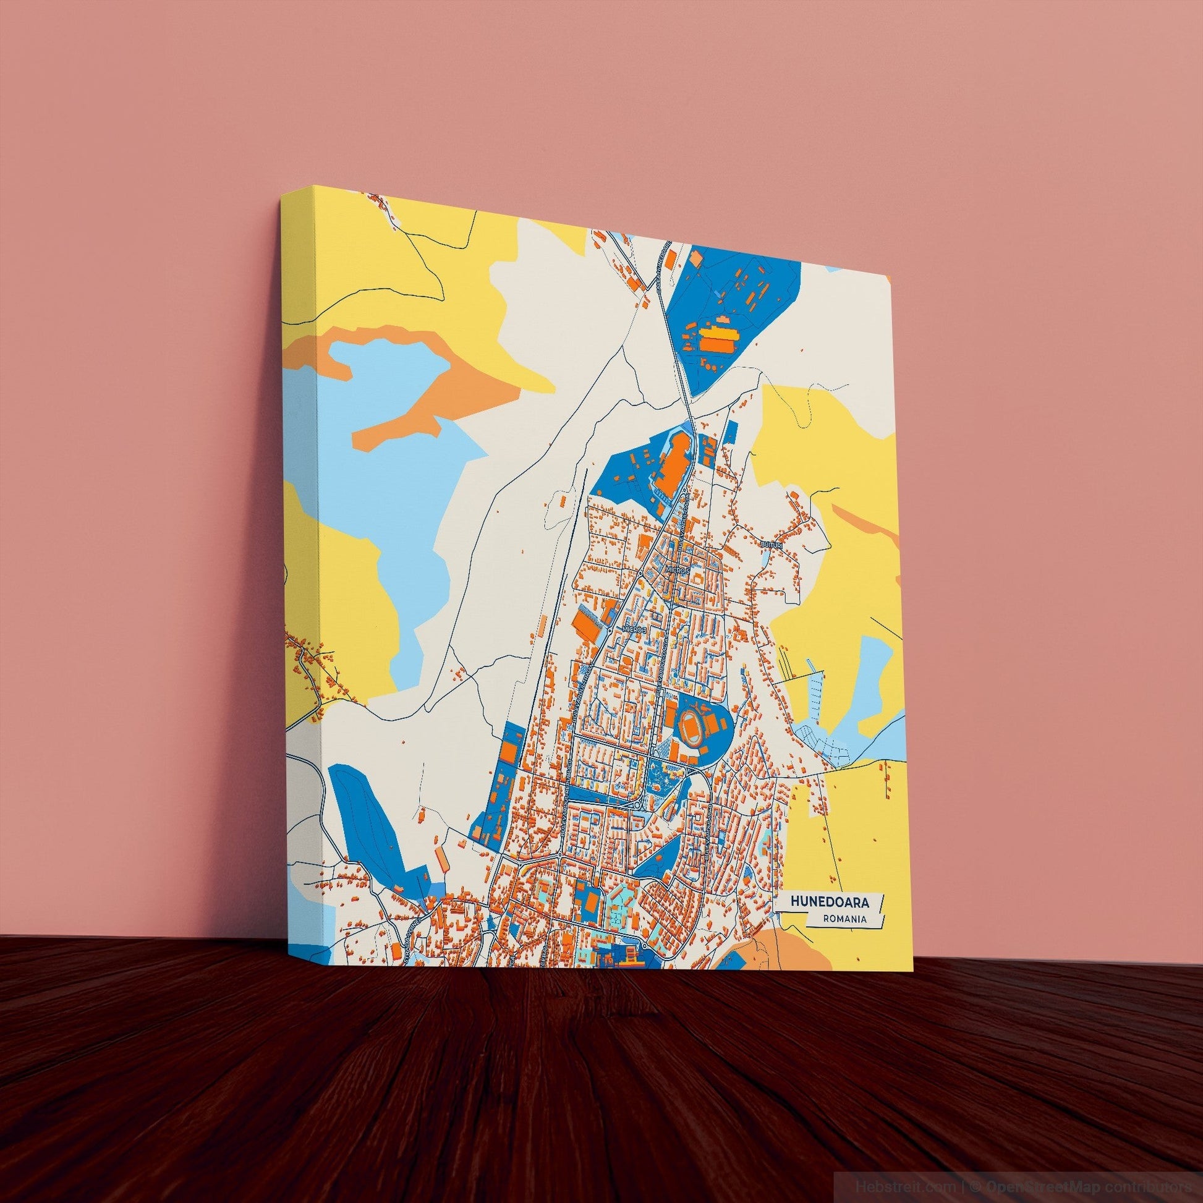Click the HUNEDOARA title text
[828, 901]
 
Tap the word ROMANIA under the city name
[844, 919]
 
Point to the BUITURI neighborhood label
[770, 545]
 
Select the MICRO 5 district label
[678, 569]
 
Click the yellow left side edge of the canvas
[299, 561]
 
